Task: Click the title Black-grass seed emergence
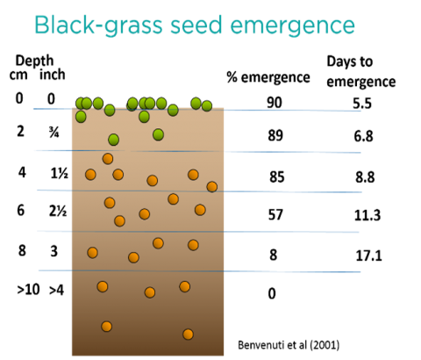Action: click(x=195, y=25)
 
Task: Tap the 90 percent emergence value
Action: click(x=275, y=103)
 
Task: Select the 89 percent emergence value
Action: click(x=275, y=135)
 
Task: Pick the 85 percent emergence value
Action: click(x=276, y=177)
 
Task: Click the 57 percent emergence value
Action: click(x=275, y=214)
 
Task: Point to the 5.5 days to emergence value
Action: click(x=362, y=104)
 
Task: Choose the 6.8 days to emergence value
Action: click(x=363, y=136)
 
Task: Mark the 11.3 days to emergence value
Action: click(x=367, y=215)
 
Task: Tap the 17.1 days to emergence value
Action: click(x=369, y=256)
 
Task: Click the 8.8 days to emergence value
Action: click(x=365, y=177)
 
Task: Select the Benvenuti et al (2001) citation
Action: click(x=289, y=345)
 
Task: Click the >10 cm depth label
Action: click(x=28, y=290)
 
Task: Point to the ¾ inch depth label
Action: click(x=54, y=133)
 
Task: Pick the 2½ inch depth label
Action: click(x=58, y=211)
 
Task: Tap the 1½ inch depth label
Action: click(x=60, y=174)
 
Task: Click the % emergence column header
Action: click(x=268, y=77)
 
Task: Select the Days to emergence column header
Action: click(x=361, y=72)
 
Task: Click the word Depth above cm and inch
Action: click(x=34, y=61)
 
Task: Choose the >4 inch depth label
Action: click(x=56, y=290)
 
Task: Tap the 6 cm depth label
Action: click(x=20, y=210)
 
